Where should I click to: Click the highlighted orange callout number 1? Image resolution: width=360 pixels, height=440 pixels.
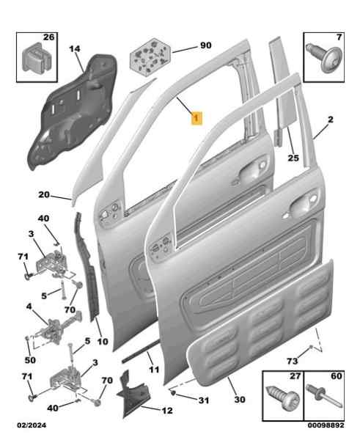pos(196,118)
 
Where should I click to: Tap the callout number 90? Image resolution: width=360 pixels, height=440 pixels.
pos(206,45)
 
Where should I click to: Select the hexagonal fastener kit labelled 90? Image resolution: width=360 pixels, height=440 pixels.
pos(150,57)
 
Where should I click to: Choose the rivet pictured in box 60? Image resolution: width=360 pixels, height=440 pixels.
pos(325,396)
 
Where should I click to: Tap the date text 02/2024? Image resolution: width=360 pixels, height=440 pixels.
pos(32,425)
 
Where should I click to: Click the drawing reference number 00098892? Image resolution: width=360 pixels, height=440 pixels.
pos(326,425)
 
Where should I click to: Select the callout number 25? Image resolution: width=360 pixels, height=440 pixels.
pos(293,158)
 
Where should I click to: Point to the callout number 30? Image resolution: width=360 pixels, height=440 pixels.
pos(240,400)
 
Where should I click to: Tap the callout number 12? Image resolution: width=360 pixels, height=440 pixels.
pos(167,411)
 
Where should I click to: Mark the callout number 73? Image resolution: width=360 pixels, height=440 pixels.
pos(293,361)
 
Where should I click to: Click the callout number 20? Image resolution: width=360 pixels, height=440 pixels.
pos(44,194)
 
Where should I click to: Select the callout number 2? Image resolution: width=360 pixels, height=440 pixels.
pos(331,120)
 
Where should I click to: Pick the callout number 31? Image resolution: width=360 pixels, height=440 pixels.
pos(204,400)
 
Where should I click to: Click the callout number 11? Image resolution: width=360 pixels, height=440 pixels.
pos(154,370)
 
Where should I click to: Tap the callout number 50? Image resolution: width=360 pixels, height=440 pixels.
pos(30,360)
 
